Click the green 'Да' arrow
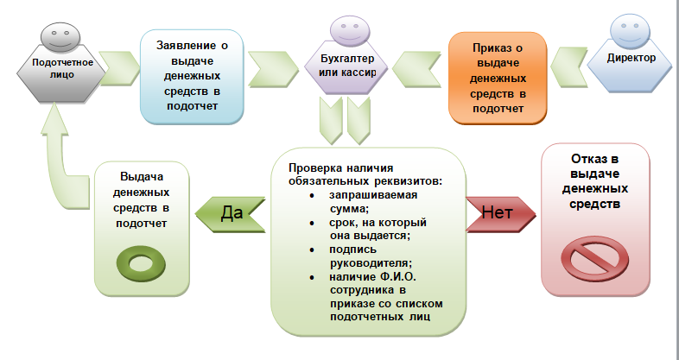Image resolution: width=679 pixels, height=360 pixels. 231,215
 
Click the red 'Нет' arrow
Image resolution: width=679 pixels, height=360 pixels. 501,214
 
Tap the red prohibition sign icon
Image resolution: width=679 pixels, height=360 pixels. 594,259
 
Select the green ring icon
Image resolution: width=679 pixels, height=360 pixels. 141,263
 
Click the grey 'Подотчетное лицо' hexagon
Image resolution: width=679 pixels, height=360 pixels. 61,73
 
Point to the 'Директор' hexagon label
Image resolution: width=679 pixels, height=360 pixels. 631,58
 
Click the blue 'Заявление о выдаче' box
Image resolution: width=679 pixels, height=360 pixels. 192,77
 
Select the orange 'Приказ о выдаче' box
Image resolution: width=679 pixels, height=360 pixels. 498,79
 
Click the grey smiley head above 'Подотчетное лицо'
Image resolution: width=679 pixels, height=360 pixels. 60,37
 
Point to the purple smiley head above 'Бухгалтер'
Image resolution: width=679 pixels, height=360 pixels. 350,31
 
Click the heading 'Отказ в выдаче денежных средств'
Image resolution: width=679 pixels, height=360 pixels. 594,181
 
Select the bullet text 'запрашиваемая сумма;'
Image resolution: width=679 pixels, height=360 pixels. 373,202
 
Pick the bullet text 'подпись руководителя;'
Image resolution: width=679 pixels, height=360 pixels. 371,256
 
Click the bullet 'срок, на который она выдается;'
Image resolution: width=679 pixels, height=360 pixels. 378,229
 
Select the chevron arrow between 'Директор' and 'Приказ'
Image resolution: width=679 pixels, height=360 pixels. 569,68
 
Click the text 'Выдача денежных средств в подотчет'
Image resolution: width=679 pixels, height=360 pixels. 142,200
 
